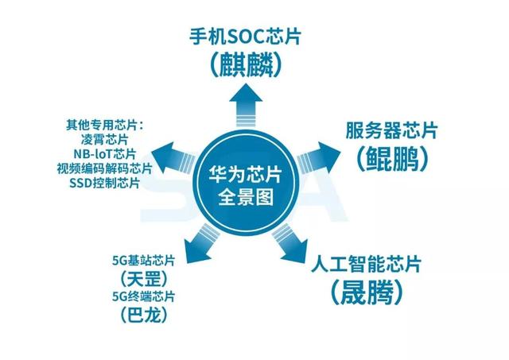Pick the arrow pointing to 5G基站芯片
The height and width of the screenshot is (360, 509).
tap(201, 243)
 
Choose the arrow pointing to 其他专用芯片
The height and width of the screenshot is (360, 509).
tap(173, 158)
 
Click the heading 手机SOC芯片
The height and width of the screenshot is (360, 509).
tap(246, 37)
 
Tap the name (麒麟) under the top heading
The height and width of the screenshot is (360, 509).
tap(246, 64)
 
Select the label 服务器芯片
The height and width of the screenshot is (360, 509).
tap(391, 130)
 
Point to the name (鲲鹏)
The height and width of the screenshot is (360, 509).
tap(392, 159)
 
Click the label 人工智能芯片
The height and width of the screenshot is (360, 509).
tap(366, 264)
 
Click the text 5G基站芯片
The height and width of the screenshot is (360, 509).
tap(143, 261)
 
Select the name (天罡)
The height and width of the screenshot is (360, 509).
tap(145, 279)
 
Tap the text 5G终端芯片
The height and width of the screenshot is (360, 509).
tap(143, 296)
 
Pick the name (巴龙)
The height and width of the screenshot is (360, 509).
tap(145, 315)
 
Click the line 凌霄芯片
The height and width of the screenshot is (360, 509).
tap(104, 139)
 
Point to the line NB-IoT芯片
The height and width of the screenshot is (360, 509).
tap(104, 153)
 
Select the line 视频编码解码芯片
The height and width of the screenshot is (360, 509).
tap(104, 168)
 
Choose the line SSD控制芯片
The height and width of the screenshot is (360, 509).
tap(104, 184)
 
